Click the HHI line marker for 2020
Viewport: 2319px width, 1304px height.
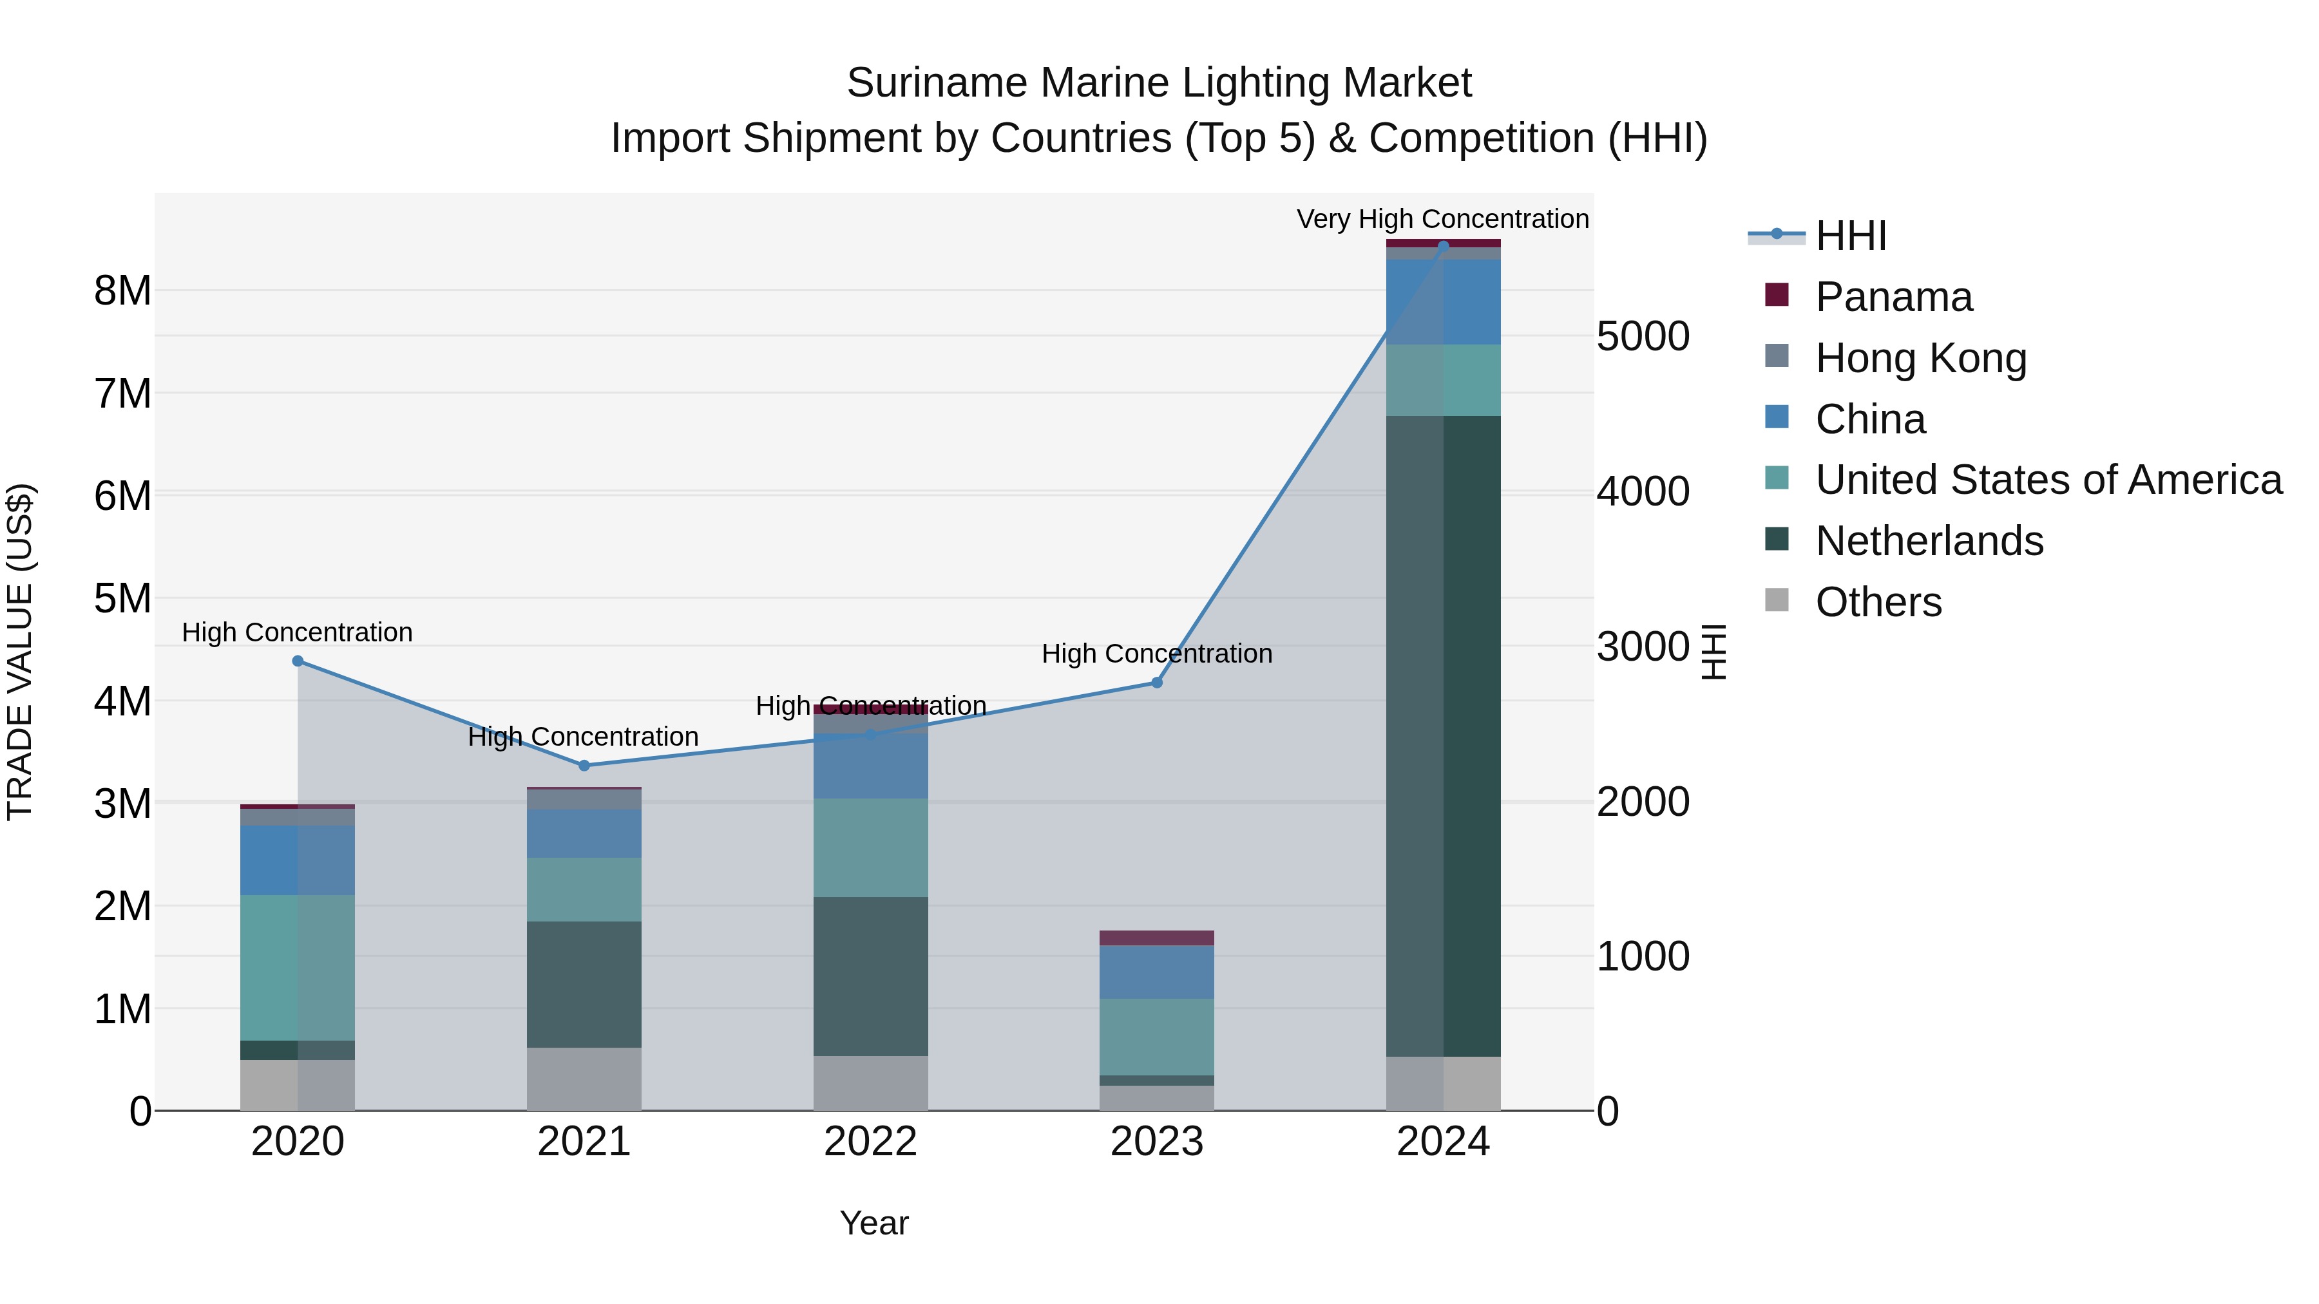point(298,661)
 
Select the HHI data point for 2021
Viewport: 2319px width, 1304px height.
point(584,766)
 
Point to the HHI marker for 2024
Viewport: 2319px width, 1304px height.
point(1443,246)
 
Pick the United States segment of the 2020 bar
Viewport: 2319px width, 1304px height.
point(298,967)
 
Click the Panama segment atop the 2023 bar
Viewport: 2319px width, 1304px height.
point(1157,938)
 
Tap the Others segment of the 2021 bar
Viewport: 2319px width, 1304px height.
point(584,1079)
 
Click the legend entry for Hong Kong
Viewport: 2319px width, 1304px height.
point(1920,358)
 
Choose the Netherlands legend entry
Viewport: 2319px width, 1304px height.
point(1928,541)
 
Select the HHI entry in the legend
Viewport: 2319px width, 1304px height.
point(1850,236)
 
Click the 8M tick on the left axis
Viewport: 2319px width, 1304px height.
point(123,290)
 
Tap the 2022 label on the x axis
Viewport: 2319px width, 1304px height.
point(870,1142)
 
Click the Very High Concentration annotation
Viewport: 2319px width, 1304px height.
point(1442,219)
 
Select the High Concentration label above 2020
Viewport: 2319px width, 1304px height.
point(297,632)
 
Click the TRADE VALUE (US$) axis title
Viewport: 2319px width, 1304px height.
point(21,652)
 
